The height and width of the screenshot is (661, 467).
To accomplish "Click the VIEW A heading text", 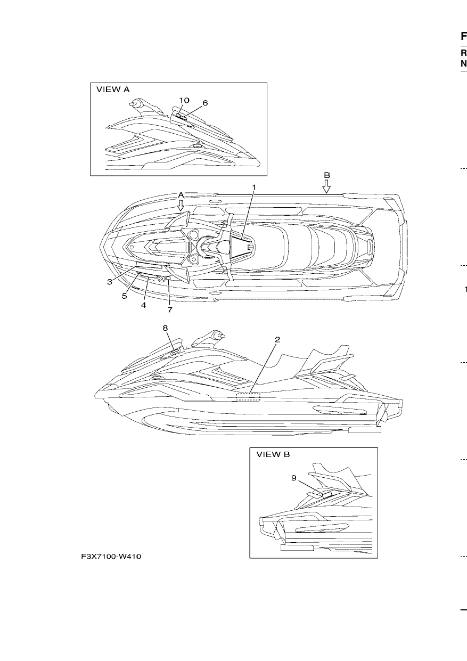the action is [x=113, y=89].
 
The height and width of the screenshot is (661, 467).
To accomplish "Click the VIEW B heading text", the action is [x=273, y=454].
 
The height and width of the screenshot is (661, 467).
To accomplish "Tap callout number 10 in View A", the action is [x=184, y=100].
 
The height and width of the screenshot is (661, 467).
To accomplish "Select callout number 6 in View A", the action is [x=205, y=103].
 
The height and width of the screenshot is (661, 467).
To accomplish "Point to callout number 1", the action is [x=254, y=187].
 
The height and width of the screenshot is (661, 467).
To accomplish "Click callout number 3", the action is [x=110, y=282].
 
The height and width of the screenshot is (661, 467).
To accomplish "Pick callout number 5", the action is [x=125, y=296].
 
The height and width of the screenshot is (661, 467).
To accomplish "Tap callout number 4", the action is [x=143, y=305].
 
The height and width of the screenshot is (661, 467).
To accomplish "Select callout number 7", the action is [x=170, y=309].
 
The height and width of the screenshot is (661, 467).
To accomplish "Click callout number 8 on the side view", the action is [x=165, y=328].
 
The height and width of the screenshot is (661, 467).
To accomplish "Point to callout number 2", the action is [x=277, y=340].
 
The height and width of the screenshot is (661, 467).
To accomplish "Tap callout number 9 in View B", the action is [x=294, y=478].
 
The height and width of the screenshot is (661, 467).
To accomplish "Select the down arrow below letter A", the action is [x=181, y=205].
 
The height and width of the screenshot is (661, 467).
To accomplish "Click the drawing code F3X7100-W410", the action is [x=111, y=557].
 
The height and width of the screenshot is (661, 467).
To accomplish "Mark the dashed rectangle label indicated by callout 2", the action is [x=248, y=397].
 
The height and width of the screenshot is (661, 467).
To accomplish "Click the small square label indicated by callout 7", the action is [x=169, y=278].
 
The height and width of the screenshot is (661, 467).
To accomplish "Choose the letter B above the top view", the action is [x=327, y=175].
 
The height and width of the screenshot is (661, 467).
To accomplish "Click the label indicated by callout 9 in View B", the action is [x=327, y=495].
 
